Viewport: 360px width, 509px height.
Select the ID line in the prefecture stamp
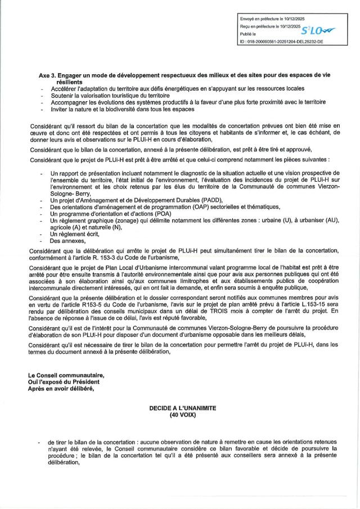click(281, 41)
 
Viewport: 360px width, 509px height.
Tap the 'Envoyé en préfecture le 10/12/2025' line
click(273, 20)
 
